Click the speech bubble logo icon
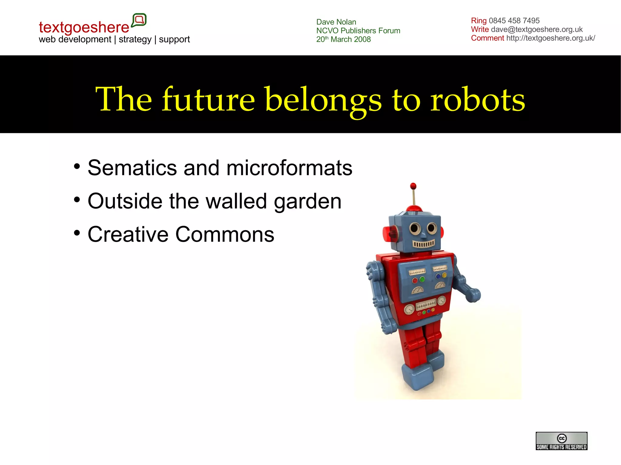pos(139,20)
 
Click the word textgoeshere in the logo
pos(84,27)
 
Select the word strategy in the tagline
pos(135,39)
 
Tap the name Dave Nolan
pos(336,22)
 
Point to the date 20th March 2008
pos(343,39)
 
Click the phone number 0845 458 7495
pos(514,21)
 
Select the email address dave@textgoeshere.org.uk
pos(537,29)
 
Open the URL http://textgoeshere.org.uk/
pos(550,38)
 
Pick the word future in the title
pos(208,99)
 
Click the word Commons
pos(225,234)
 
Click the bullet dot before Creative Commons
pos(77,233)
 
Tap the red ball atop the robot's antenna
pos(413,186)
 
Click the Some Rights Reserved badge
pos(561,441)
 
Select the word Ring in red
pos(478,21)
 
